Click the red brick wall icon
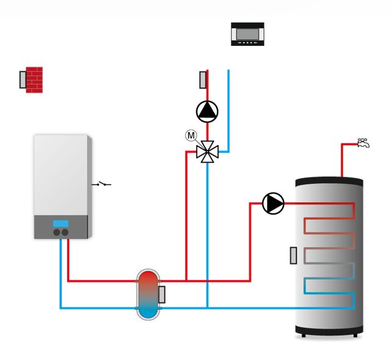[x=34, y=79]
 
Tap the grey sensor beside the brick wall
[x=23, y=80]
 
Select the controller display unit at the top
[x=247, y=34]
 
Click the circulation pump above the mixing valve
[x=207, y=111]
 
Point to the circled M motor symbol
[x=191, y=134]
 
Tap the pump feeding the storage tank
[x=273, y=204]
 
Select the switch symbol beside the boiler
[x=101, y=183]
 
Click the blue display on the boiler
[x=60, y=223]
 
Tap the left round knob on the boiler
[x=56, y=232]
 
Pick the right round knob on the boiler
[x=64, y=232]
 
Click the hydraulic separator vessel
[x=147, y=293]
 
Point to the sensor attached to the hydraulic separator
[x=162, y=295]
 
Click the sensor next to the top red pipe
[x=203, y=80]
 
